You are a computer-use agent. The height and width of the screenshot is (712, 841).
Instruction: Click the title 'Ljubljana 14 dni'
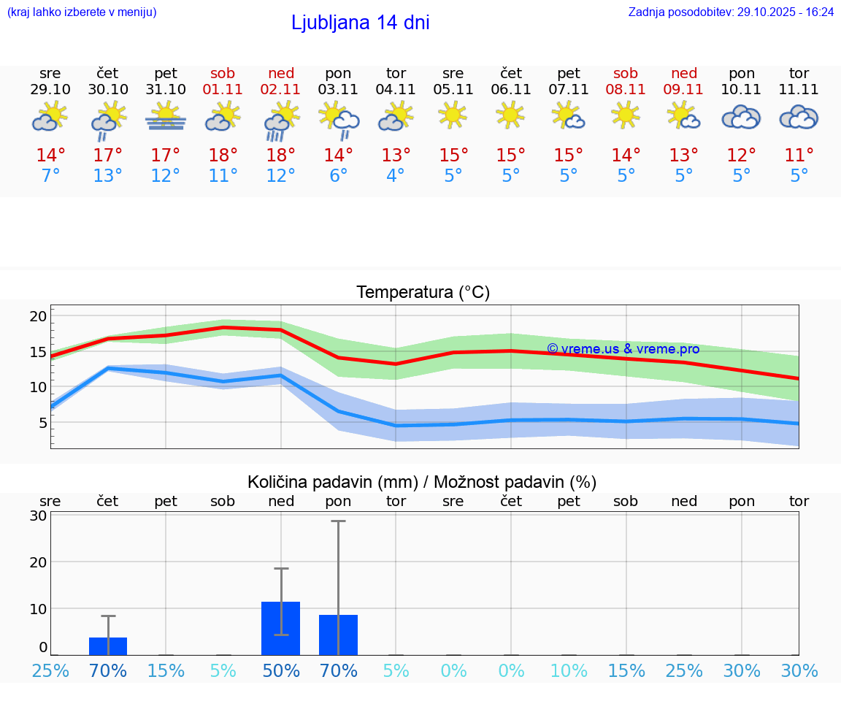coord(360,23)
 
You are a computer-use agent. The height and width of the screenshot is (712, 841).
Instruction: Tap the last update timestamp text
coord(730,12)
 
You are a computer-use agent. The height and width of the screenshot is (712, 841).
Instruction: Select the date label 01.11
coord(223,90)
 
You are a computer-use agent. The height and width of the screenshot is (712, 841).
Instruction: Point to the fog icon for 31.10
coord(166,118)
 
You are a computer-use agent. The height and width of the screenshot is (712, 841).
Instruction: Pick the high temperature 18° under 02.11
coord(281,156)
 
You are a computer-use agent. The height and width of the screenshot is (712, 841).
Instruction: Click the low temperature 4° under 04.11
coord(396,176)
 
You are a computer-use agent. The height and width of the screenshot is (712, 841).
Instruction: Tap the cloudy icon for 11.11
coord(799,118)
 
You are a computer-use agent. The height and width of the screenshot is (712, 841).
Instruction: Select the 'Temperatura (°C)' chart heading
coord(423,293)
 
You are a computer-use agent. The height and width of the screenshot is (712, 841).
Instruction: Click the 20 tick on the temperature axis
coord(38,316)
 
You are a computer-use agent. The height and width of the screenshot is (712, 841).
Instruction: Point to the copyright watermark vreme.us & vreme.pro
coord(623,349)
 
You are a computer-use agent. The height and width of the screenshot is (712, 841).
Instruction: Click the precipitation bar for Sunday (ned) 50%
coord(280,629)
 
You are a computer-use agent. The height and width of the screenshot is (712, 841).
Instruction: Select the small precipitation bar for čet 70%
coord(108,646)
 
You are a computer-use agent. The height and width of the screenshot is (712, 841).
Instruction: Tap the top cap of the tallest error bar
coord(338,521)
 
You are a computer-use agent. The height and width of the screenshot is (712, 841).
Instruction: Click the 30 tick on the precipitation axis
coord(38,516)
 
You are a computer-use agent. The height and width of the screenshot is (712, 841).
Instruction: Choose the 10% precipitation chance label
coord(569,671)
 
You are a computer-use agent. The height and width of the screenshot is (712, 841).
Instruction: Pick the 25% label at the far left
coord(50,671)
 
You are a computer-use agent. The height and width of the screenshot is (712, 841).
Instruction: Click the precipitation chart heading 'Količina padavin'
coord(422,482)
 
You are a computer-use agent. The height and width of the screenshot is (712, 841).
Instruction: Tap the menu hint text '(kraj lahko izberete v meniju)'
coord(82,12)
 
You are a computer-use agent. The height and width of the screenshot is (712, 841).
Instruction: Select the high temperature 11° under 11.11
coord(799,156)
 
